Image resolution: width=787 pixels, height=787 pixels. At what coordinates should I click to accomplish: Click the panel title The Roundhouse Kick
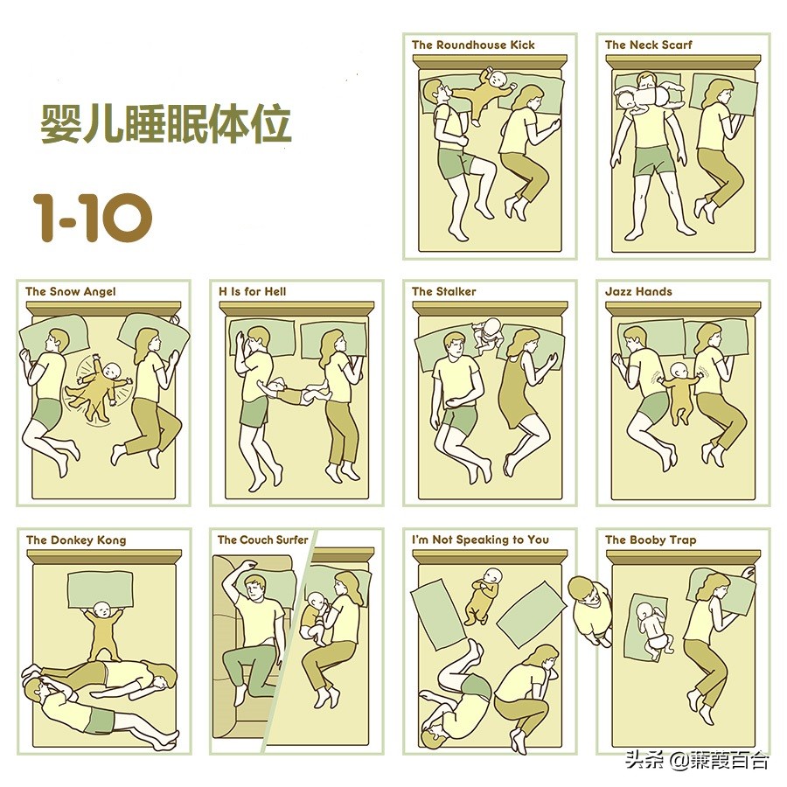(x=473, y=45)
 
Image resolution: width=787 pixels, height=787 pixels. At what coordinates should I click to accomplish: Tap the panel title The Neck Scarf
(x=648, y=45)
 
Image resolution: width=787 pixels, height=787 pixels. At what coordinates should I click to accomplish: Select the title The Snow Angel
(x=70, y=291)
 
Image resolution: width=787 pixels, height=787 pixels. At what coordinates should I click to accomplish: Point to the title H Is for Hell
(x=253, y=291)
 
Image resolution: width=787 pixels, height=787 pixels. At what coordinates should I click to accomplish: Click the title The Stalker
(x=444, y=291)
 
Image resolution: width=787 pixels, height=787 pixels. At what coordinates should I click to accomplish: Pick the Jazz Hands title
(x=638, y=291)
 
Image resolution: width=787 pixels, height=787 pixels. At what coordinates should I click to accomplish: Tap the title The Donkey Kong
(x=76, y=540)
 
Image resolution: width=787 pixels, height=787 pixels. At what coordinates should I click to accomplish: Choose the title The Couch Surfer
(x=262, y=540)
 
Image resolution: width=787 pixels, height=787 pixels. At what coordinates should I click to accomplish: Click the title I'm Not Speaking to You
(x=480, y=540)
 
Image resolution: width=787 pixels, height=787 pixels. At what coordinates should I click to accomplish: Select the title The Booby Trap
(x=651, y=540)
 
